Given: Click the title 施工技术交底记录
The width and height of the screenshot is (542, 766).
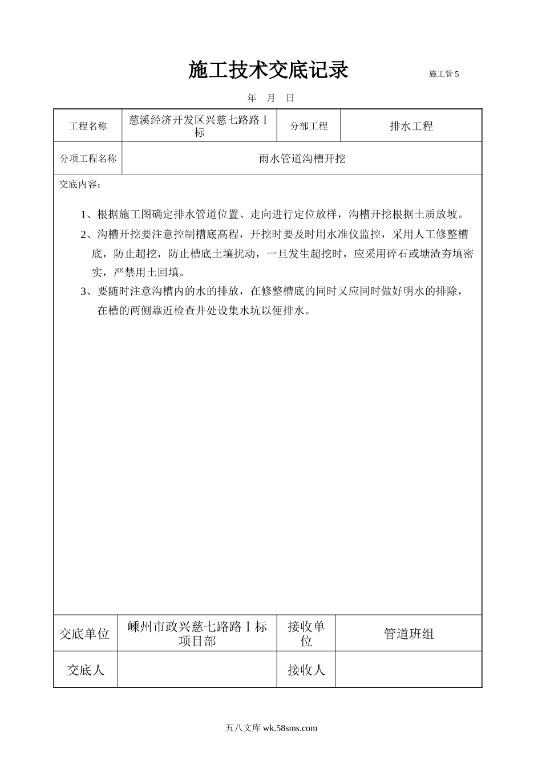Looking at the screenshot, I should (268, 70).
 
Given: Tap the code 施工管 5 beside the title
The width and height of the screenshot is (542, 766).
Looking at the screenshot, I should (443, 74).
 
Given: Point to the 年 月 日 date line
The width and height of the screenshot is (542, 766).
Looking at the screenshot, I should (271, 98).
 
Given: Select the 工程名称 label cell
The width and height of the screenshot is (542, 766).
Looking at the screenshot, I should (88, 126).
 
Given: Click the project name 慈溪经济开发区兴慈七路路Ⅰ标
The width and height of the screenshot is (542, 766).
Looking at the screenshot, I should (199, 126).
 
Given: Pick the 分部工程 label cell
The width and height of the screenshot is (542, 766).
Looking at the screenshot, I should (309, 126).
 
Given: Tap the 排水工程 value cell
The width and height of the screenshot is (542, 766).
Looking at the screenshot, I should (411, 126).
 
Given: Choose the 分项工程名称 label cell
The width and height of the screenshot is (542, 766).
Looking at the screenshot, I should (88, 158).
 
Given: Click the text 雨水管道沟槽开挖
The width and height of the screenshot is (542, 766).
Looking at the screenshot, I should (302, 158).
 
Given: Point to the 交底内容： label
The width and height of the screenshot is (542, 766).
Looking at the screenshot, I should (80, 185).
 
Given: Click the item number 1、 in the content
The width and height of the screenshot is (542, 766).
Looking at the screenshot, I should (88, 215).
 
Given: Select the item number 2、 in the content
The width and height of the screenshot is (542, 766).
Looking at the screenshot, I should (88, 234).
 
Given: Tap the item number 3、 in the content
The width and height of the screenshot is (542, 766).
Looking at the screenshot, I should (88, 291).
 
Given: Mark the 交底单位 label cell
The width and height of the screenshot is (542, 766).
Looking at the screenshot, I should (85, 633).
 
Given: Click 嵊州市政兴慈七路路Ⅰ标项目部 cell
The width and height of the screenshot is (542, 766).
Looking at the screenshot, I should (197, 633).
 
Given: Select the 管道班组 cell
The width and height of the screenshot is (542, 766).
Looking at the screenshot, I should (408, 633).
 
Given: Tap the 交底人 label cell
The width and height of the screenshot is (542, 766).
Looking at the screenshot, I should (85, 670).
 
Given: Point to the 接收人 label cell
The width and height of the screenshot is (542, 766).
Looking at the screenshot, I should (306, 670).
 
